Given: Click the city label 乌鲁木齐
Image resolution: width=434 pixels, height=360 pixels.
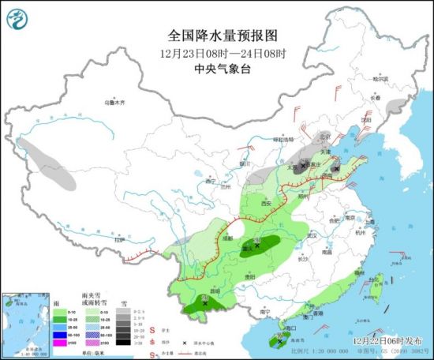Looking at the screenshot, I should pyautogui.click(x=116, y=103).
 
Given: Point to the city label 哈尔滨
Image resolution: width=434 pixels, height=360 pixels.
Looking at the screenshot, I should pyautogui.click(x=381, y=78).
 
